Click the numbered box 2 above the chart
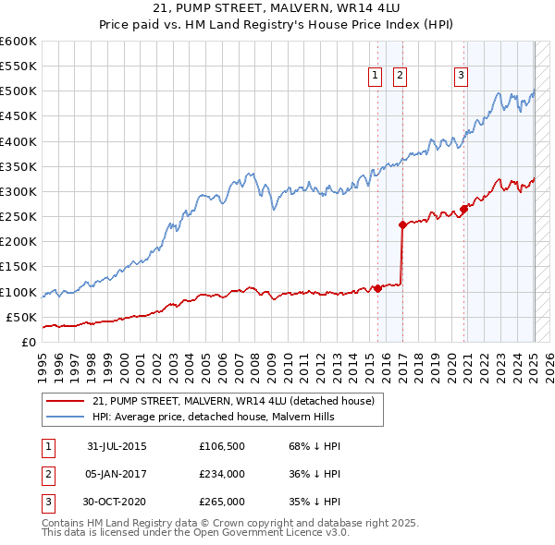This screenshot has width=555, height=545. tap(400, 77)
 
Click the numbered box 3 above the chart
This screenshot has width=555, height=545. tap(461, 77)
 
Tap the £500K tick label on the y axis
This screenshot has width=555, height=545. tap(18, 91)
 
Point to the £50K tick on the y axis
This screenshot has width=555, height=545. tap(22, 317)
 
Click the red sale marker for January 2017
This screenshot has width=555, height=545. tap(402, 224)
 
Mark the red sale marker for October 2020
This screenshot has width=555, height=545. tap(464, 209)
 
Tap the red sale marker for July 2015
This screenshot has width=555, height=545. tap(377, 288)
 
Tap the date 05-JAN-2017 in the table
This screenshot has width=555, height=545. tap(117, 475)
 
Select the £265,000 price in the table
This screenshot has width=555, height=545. tap(221, 502)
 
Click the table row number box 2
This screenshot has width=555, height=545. tap(47, 475)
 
